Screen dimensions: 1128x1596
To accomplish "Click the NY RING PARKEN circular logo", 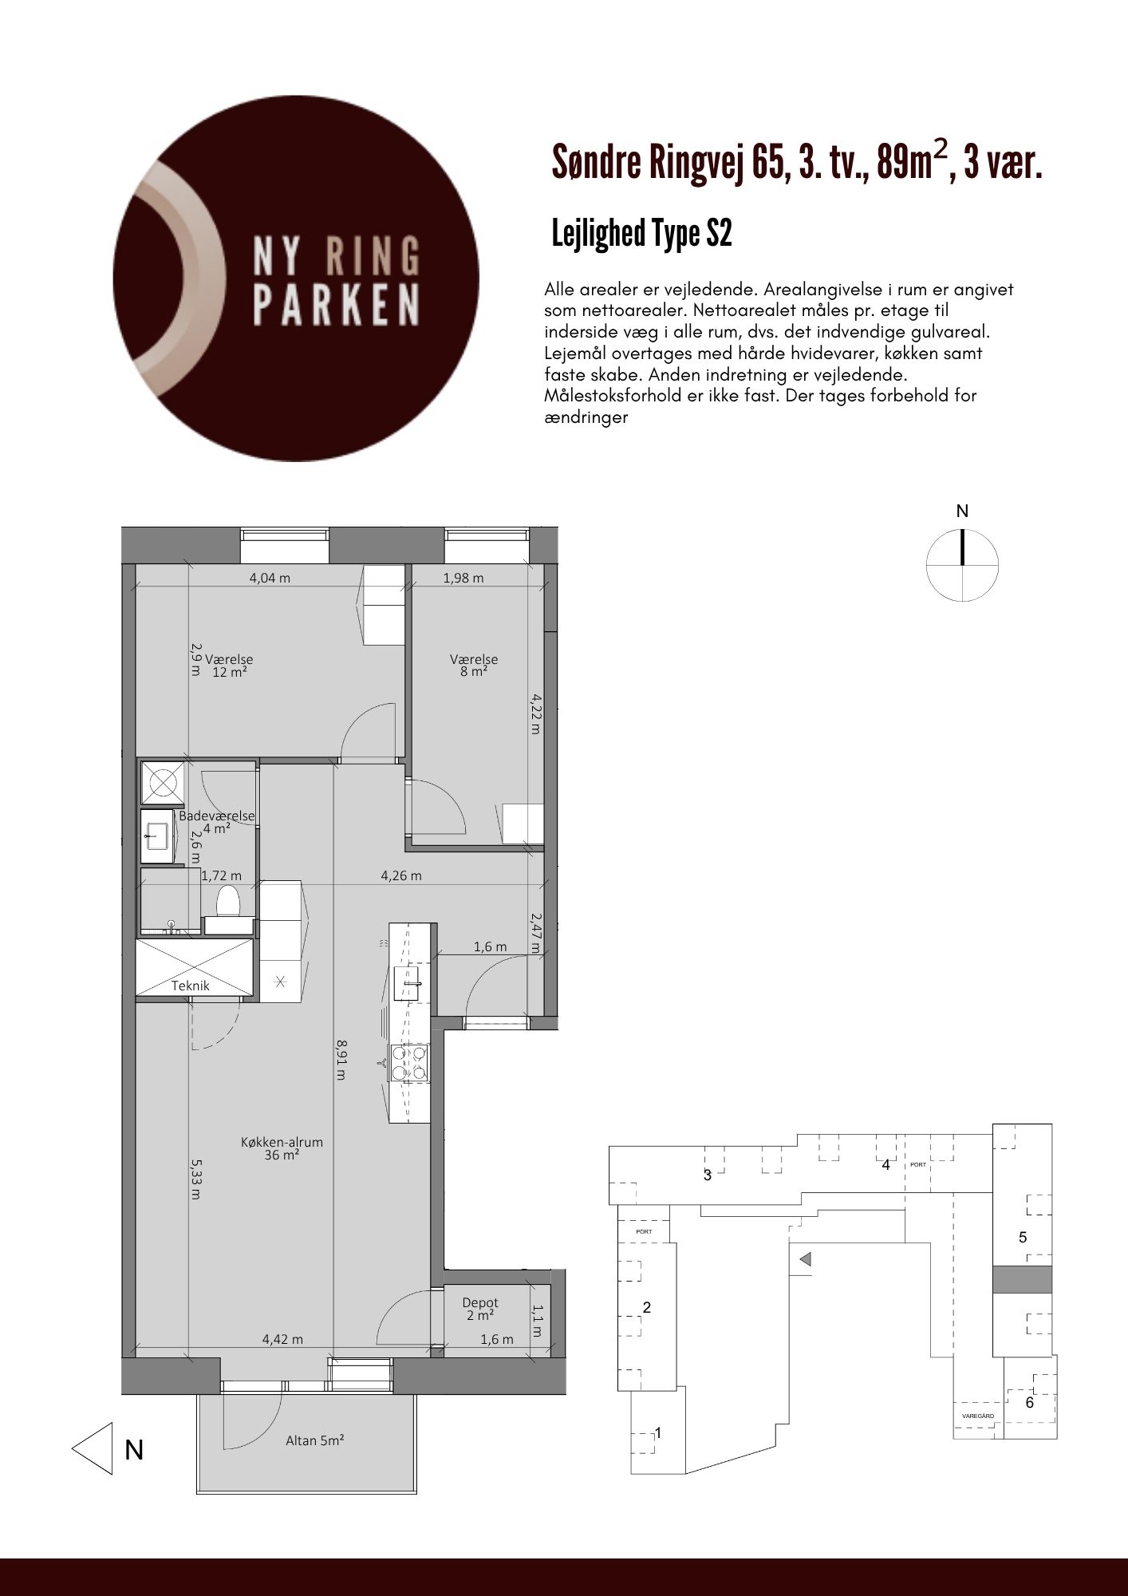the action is tap(296, 279).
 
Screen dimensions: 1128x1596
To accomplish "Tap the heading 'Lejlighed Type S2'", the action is tap(641, 234).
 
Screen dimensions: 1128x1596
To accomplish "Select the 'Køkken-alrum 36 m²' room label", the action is tap(282, 1148).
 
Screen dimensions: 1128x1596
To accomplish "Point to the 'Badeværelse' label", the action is tap(216, 816).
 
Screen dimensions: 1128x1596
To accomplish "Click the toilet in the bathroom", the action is tap(229, 901).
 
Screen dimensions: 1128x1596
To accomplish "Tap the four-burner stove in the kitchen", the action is tap(409, 1063).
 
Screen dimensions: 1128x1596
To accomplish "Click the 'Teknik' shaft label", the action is tap(191, 986).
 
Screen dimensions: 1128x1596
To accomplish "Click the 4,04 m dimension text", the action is tap(270, 578).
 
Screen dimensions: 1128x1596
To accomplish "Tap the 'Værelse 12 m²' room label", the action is tap(229, 666).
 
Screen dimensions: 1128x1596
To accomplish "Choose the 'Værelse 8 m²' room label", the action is tap(474, 666).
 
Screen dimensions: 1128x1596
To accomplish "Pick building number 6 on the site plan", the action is tap(1029, 1402).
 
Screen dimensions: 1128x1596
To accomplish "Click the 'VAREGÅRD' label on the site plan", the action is tap(977, 1415).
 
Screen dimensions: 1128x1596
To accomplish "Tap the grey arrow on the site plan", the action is tap(805, 1259).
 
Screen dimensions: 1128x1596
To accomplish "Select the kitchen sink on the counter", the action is tap(411, 983).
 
